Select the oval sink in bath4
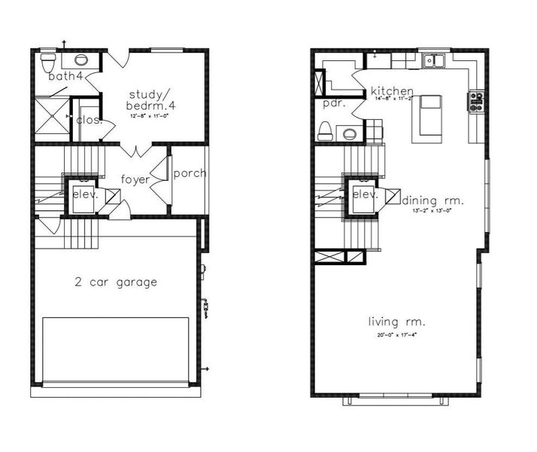80,60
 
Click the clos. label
89,119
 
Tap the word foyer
135,179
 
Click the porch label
190,173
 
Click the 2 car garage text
116,282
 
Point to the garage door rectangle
116,350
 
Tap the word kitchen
392,91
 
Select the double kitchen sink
434,61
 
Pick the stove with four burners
476,102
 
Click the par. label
333,103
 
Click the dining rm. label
433,200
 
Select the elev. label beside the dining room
365,194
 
